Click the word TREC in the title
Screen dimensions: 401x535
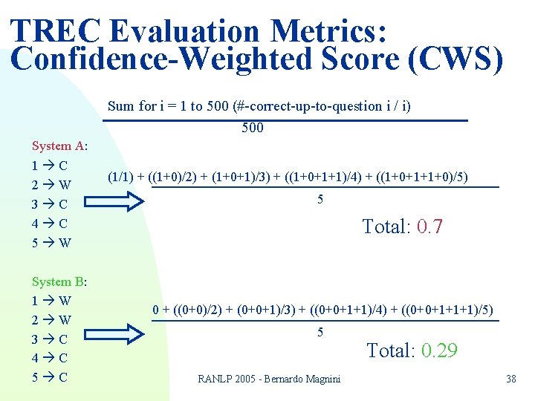click(55, 31)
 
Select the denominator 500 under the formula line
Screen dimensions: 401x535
click(253, 128)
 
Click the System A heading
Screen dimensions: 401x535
click(59, 146)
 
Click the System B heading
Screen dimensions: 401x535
click(59, 281)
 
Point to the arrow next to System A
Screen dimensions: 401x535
click(123, 201)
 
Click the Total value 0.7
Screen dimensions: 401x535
click(429, 226)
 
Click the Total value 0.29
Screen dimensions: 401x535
click(439, 351)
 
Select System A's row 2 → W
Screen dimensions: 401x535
click(51, 184)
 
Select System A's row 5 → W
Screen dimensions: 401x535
click(51, 242)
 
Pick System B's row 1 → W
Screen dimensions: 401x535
click(51, 301)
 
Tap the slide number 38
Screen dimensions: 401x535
click(510, 379)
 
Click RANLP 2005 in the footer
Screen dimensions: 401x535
click(223, 379)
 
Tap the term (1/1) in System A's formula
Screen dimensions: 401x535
click(121, 177)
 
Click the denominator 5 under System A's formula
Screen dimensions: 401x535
click(320, 200)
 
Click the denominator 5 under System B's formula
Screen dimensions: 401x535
click(320, 332)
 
